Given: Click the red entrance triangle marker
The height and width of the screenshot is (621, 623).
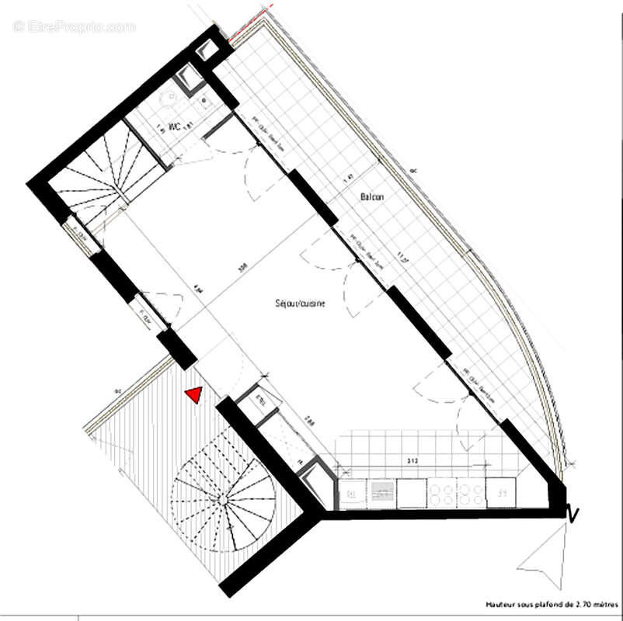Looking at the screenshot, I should click(x=193, y=395).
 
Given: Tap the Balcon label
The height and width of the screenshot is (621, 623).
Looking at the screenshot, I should click(x=371, y=197).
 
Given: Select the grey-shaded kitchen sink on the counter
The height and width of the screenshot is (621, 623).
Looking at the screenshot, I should click(x=382, y=491).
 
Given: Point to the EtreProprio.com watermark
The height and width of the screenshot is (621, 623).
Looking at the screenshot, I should click(x=75, y=27).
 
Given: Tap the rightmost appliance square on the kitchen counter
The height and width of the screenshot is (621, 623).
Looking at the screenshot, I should click(x=501, y=491).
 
